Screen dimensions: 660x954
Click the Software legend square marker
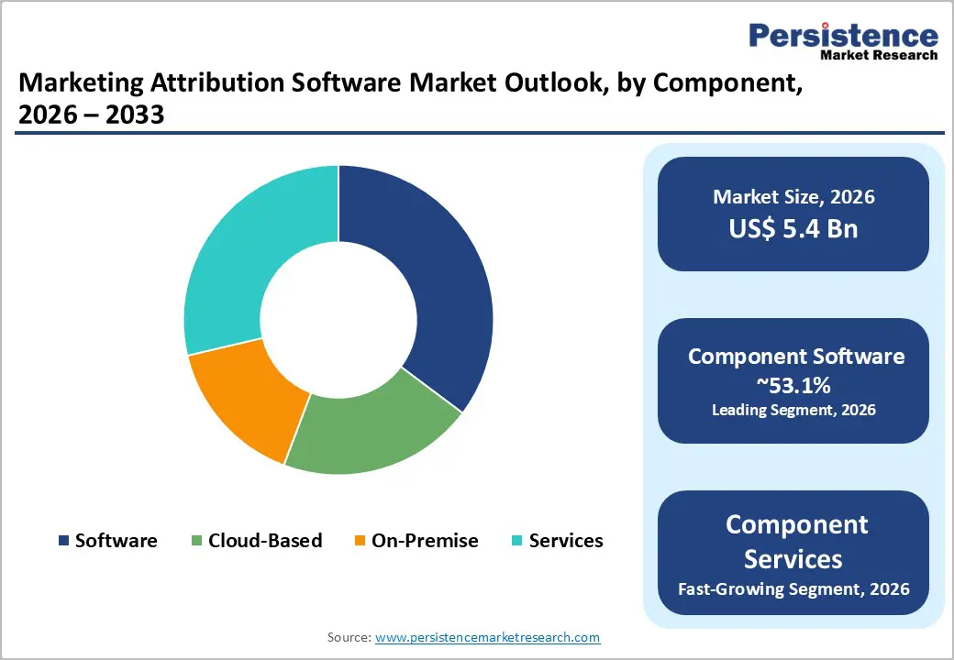pyautogui.click(x=63, y=541)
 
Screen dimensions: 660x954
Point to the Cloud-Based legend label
pyautogui.click(x=265, y=541)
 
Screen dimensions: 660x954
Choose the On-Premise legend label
pyautogui.click(x=425, y=541)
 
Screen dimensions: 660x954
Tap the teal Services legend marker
pyautogui.click(x=516, y=541)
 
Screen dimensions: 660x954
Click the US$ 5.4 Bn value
pyautogui.click(x=793, y=227)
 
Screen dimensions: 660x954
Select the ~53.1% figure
pyautogui.click(x=793, y=385)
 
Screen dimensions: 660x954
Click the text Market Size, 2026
pyautogui.click(x=793, y=196)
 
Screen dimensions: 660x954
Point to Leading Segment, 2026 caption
pyautogui.click(x=793, y=410)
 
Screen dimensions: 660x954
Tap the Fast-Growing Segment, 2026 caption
pyautogui.click(x=793, y=588)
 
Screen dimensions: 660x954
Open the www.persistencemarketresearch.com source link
pyautogui.click(x=487, y=637)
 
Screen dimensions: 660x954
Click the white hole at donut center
pyautogui.click(x=338, y=320)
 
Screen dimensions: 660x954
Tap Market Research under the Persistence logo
pyautogui.click(x=878, y=55)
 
